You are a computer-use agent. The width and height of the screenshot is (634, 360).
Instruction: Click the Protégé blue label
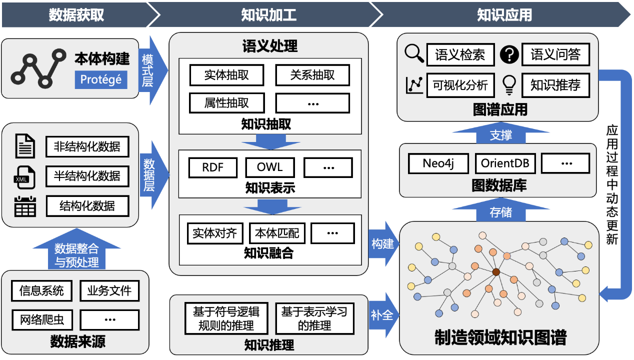pos(101,79)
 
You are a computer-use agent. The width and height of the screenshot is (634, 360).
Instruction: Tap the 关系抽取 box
pos(312,75)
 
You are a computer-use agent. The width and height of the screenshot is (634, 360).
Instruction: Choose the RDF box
pos(212,167)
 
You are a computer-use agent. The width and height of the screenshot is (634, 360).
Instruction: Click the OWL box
pos(270,167)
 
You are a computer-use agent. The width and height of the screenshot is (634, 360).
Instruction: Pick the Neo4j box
pos(438,163)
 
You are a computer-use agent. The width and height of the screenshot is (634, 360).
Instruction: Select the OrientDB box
pos(505,163)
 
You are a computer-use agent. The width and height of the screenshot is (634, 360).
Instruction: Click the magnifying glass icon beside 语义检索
pos(414,53)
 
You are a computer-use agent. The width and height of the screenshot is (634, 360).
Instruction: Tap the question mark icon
pos(509,54)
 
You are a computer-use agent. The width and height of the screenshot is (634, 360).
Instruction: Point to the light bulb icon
pos(509,85)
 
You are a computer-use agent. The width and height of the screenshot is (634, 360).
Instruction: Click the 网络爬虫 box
pos(41,319)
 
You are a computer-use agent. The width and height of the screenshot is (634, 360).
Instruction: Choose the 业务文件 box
pos(109,290)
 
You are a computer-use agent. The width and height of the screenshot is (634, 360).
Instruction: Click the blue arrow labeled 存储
pos(500,212)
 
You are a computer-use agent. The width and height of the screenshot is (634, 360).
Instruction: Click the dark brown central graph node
pos(496,272)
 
